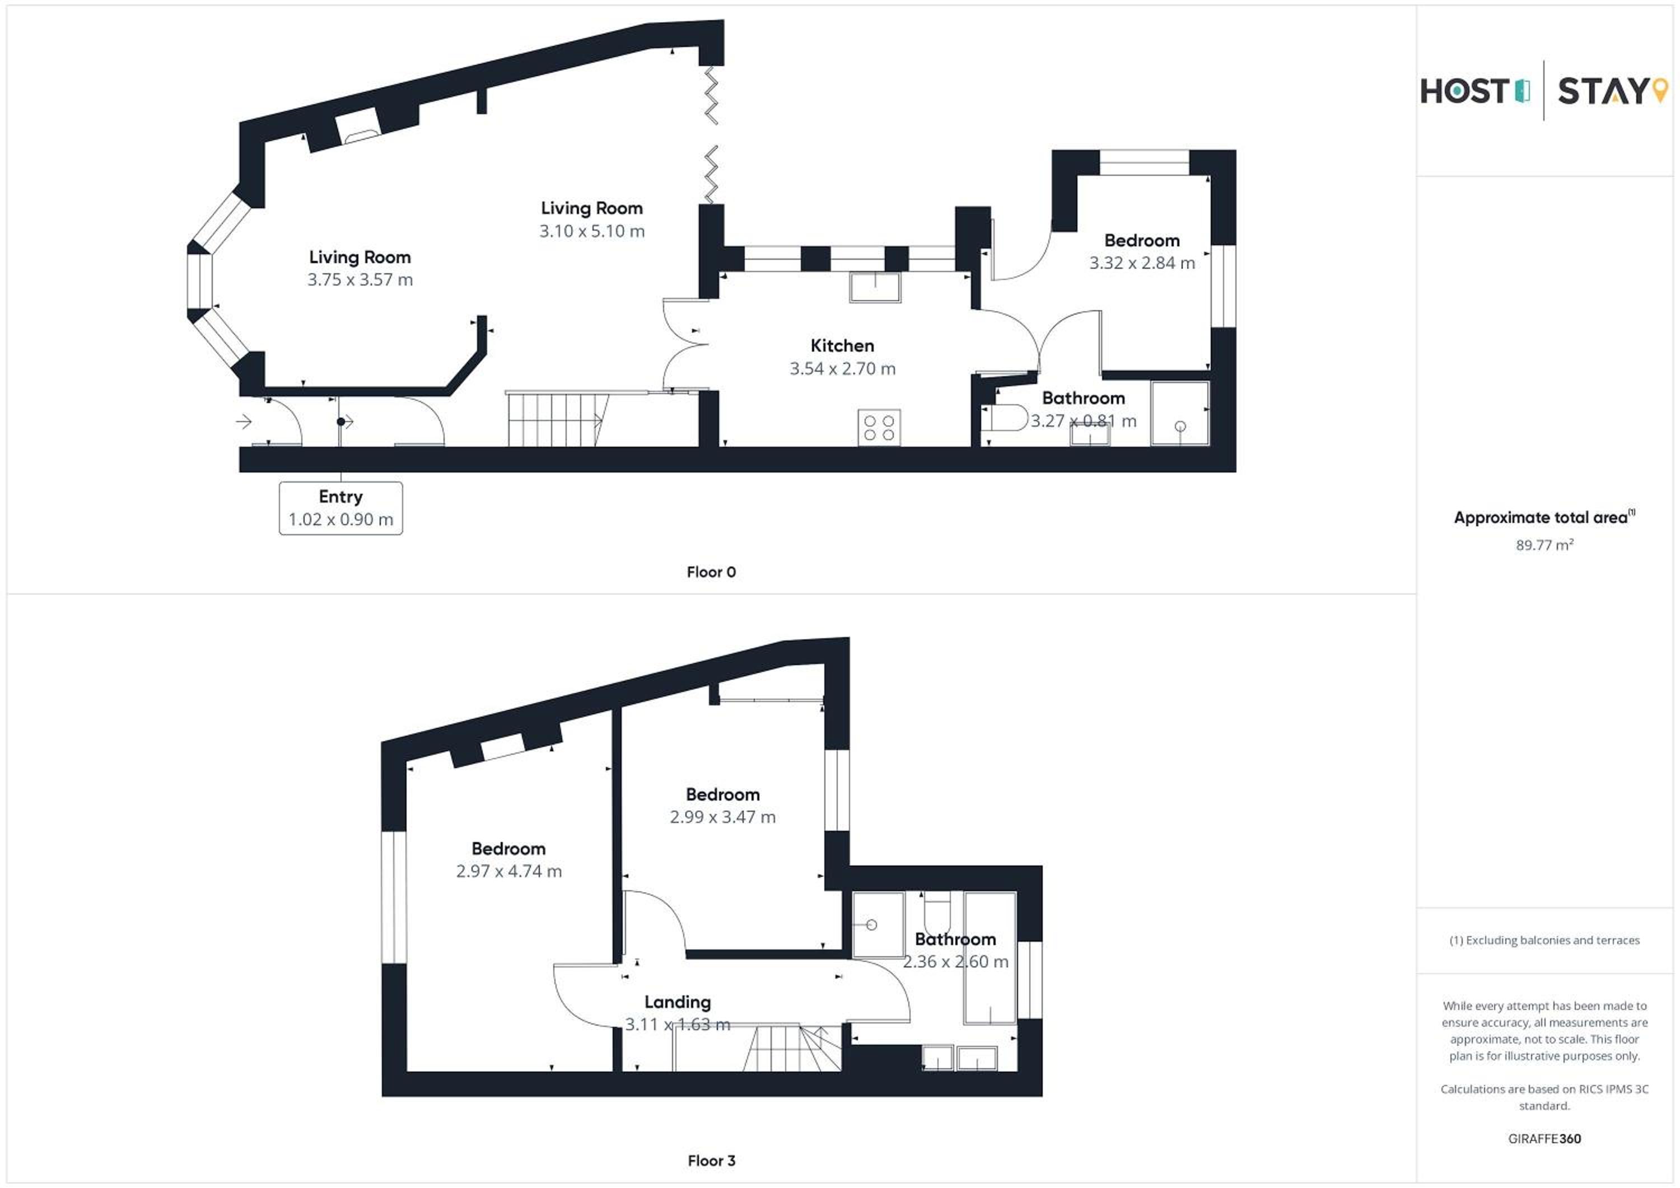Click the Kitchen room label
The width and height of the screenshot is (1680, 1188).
[842, 345]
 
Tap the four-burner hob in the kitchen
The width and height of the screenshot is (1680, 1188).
[879, 427]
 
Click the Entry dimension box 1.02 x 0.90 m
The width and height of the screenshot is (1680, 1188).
[341, 508]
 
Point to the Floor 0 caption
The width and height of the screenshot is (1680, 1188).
[711, 572]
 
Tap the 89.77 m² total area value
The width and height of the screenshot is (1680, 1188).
[1544, 545]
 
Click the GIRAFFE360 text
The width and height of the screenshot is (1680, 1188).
[1544, 1138]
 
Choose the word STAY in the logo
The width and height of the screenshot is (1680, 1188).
[1602, 91]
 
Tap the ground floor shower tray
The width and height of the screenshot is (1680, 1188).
[1179, 413]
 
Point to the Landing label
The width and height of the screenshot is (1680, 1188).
[678, 1002]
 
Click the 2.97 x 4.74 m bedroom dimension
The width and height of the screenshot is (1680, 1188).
[508, 871]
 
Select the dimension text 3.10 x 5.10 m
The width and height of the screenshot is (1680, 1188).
[592, 231]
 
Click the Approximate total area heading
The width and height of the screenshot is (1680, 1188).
[1544, 517]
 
